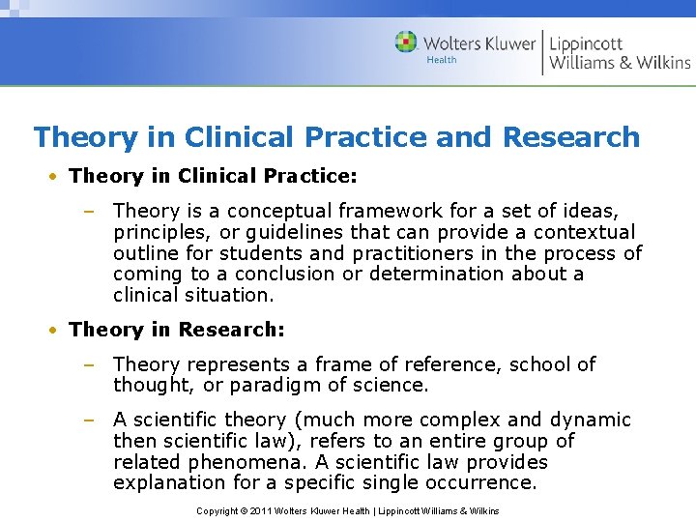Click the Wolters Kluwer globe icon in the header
pos(406,42)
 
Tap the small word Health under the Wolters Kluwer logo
pos(442,60)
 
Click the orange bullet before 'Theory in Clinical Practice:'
pos(57,177)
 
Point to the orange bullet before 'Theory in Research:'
pos(57,331)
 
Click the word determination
pos(434,274)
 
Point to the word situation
pos(229,295)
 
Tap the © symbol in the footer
pos(244,510)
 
